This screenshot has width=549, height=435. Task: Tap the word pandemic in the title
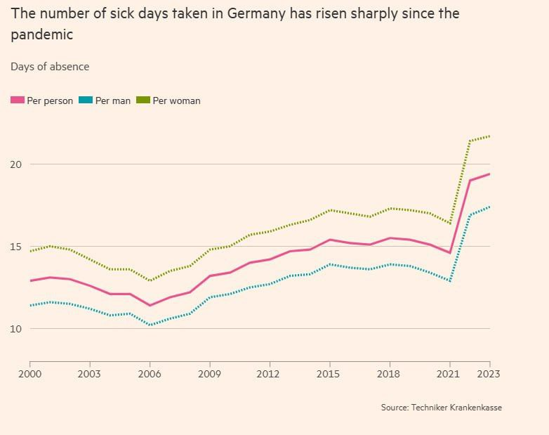click(x=41, y=34)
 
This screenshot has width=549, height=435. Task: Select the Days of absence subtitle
click(x=50, y=67)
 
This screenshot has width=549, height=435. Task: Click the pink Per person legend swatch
click(x=18, y=100)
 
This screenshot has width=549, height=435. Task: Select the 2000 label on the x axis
click(x=29, y=374)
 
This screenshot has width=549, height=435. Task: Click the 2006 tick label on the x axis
click(x=150, y=374)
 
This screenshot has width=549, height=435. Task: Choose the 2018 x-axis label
click(x=390, y=374)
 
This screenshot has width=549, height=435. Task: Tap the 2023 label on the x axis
click(x=489, y=374)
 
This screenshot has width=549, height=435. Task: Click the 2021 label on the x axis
click(x=450, y=374)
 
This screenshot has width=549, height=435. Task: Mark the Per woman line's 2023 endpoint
click(x=489, y=136)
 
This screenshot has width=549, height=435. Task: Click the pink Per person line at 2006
click(x=150, y=306)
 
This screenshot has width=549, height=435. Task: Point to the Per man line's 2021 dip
click(x=450, y=281)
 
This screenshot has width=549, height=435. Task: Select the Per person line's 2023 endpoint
click(x=489, y=174)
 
